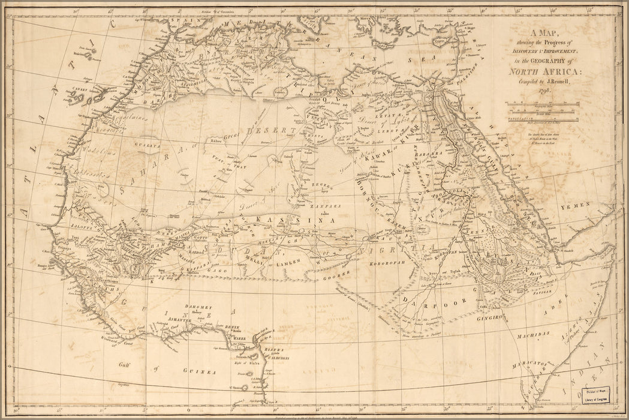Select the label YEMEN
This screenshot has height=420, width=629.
[x=575, y=205]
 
